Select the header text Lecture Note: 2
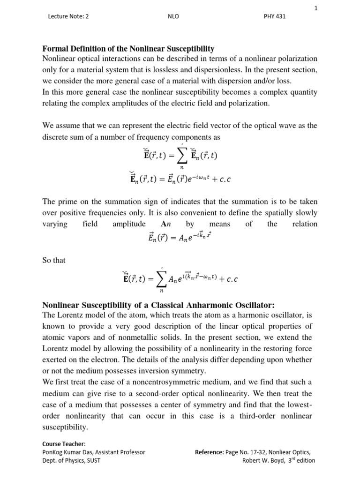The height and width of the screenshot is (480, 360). pos(68,16)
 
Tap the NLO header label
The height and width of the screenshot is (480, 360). pos(174,16)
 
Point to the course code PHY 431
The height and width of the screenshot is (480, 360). pos(275,16)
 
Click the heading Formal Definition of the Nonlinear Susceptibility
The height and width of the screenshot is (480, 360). pos(128,49)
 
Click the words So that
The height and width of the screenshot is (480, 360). pos(54,260)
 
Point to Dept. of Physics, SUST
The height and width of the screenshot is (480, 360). pos(71,460)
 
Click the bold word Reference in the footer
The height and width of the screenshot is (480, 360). pos(209,452)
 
